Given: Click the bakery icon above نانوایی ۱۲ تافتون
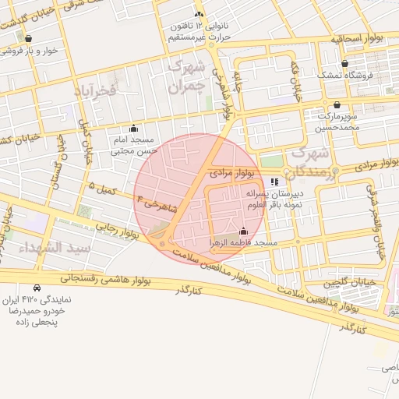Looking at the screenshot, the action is [199, 15].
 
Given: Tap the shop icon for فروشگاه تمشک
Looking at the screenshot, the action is [344, 64].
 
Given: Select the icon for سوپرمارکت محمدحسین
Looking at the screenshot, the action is [337, 104].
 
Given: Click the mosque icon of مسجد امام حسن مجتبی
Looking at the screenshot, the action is [133, 129].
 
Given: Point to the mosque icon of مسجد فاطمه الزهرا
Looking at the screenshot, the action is [243, 231].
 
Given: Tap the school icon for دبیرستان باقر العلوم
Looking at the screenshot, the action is [274, 182].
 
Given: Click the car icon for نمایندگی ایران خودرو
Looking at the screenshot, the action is [37, 288].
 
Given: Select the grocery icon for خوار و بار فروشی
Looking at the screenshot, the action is [29, 38].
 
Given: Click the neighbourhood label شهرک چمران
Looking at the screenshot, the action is [189, 75].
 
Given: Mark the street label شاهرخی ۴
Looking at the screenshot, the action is [157, 205].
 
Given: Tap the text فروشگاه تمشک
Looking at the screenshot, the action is [344, 76].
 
